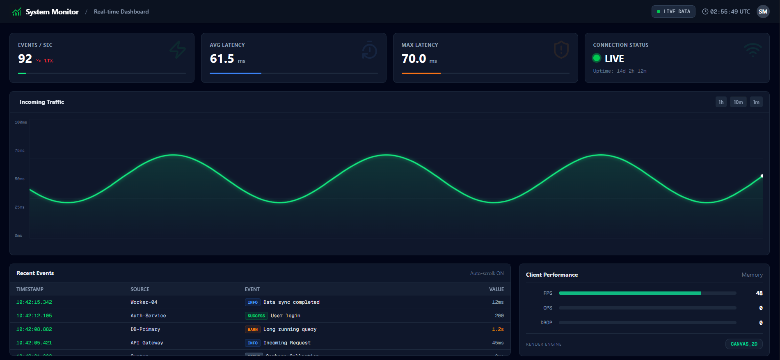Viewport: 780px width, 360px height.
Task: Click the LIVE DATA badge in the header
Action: (673, 11)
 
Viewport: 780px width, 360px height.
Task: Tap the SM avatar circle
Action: (763, 11)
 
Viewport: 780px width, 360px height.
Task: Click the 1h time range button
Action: (721, 102)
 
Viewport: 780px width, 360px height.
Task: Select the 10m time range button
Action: (738, 102)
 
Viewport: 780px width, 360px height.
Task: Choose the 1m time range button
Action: (756, 102)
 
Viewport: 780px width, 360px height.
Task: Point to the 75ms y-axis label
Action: (20, 151)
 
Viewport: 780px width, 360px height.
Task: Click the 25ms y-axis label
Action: (20, 207)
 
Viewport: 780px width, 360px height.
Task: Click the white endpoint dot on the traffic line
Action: (762, 176)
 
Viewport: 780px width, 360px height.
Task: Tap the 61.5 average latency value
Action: (222, 59)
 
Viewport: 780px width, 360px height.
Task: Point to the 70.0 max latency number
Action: (414, 59)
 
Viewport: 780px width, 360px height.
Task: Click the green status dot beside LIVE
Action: (597, 58)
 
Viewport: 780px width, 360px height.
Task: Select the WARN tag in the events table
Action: (252, 329)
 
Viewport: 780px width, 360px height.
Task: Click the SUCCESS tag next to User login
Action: (256, 316)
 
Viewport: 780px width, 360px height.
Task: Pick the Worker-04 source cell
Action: (144, 302)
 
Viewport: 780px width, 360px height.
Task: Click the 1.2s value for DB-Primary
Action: (498, 329)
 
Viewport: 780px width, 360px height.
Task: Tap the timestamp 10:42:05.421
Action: (34, 343)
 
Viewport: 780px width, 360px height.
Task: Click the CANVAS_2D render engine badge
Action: (743, 344)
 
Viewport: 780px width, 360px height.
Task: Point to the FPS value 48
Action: (759, 293)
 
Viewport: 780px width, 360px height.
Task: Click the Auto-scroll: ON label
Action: (487, 273)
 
